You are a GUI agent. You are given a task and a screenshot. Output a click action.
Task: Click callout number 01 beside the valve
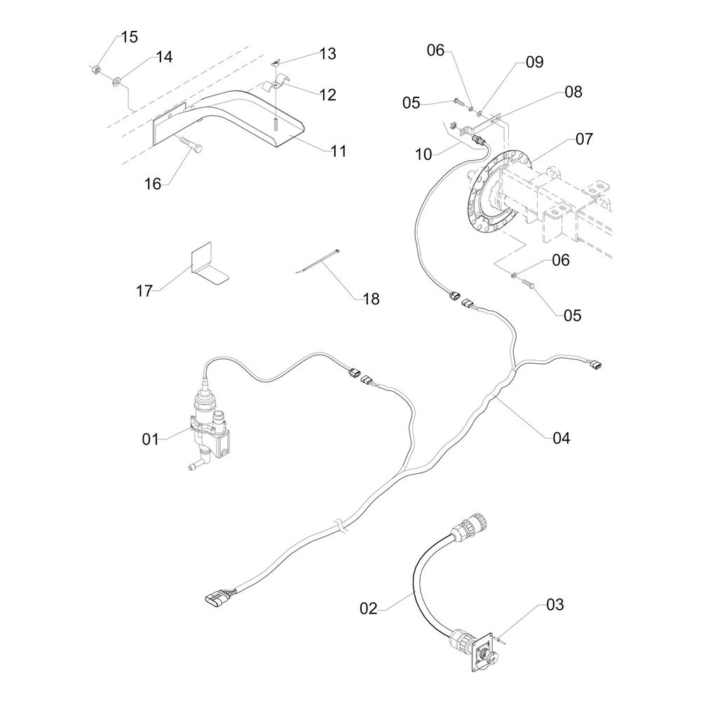click(151, 440)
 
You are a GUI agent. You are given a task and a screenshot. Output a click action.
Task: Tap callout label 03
click(554, 604)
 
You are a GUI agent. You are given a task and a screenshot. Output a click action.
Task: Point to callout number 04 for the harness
click(561, 439)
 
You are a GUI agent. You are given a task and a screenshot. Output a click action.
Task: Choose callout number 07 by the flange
click(585, 139)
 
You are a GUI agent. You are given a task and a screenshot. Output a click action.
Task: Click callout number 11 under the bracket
click(339, 151)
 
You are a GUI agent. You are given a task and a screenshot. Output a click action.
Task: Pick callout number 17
click(144, 290)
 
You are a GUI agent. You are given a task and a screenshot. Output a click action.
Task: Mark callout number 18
click(371, 299)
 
